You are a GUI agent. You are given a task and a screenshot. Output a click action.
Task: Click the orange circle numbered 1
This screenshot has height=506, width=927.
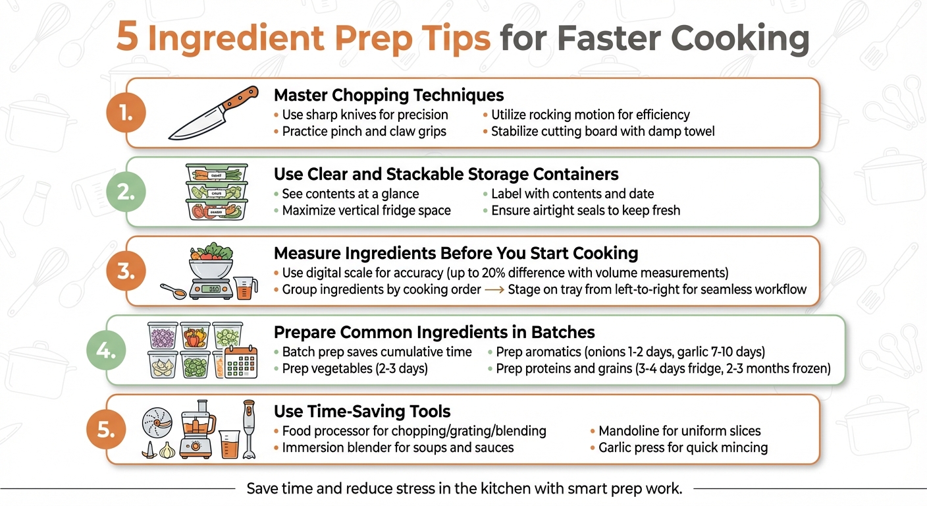coord(124,113)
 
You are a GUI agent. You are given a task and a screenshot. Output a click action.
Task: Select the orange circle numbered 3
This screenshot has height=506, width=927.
coord(124,271)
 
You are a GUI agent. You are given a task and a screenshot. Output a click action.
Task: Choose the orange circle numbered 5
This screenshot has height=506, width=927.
coord(105,430)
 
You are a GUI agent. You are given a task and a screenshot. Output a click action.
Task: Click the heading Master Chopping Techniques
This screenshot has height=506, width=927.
coord(388,95)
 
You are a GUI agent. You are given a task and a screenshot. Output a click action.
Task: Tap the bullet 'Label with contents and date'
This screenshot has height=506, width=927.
coord(572,194)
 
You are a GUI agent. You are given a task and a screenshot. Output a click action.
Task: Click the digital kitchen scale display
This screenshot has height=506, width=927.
coord(210,289)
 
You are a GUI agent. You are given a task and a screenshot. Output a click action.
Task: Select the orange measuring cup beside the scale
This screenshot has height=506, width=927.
coord(244,289)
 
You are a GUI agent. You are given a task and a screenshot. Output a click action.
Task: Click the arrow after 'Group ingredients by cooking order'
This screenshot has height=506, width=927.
coord(494,289)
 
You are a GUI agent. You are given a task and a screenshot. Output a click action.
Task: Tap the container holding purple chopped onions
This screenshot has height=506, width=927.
coord(162,335)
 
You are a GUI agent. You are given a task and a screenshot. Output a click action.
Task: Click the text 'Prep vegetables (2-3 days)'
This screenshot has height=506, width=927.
coord(355,369)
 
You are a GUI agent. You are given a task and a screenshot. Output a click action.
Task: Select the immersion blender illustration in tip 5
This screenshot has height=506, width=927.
coord(249,428)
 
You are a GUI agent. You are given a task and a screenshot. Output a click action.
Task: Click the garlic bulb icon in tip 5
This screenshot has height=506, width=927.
coord(169,449)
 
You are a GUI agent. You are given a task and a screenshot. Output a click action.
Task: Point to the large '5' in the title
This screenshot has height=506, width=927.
coord(128,39)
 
